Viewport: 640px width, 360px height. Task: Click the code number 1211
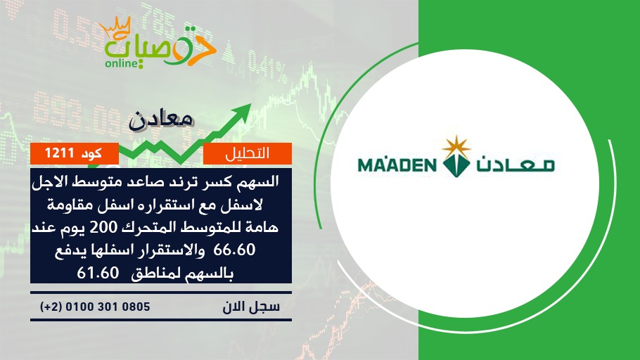59,153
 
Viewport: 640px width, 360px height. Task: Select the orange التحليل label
248,153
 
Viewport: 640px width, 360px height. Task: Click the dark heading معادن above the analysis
161,120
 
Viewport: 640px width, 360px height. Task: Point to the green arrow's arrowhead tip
250,104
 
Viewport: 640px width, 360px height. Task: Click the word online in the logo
120,63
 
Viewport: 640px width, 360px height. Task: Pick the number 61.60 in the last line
98,273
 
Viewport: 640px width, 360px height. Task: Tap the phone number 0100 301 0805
108,307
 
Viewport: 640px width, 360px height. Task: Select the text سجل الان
251,307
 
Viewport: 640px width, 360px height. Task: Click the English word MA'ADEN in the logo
397,165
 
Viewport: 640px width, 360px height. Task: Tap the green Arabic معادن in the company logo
515,164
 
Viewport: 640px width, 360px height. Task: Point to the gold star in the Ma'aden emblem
456,146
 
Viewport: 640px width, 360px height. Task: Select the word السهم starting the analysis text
260,181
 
